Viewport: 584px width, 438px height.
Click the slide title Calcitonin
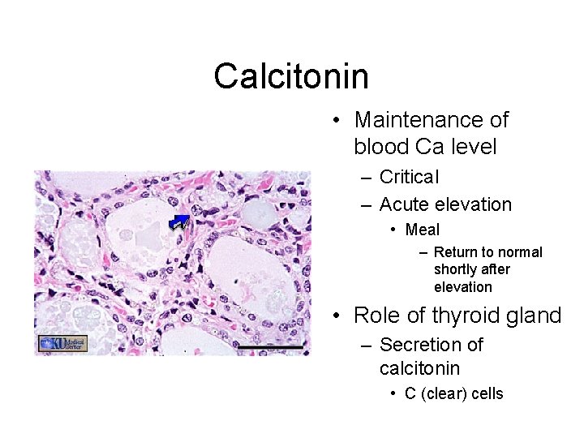pos(291,76)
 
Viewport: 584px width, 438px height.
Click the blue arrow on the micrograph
pos(178,221)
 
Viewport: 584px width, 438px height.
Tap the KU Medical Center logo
pos(62,343)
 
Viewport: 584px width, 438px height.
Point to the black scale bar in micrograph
pos(270,347)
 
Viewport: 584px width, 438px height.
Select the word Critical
pos(409,177)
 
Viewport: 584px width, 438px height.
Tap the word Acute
pos(405,204)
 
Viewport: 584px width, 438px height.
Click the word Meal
pos(422,230)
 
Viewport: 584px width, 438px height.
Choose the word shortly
pos(455,269)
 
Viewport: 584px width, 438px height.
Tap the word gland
pos(535,316)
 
